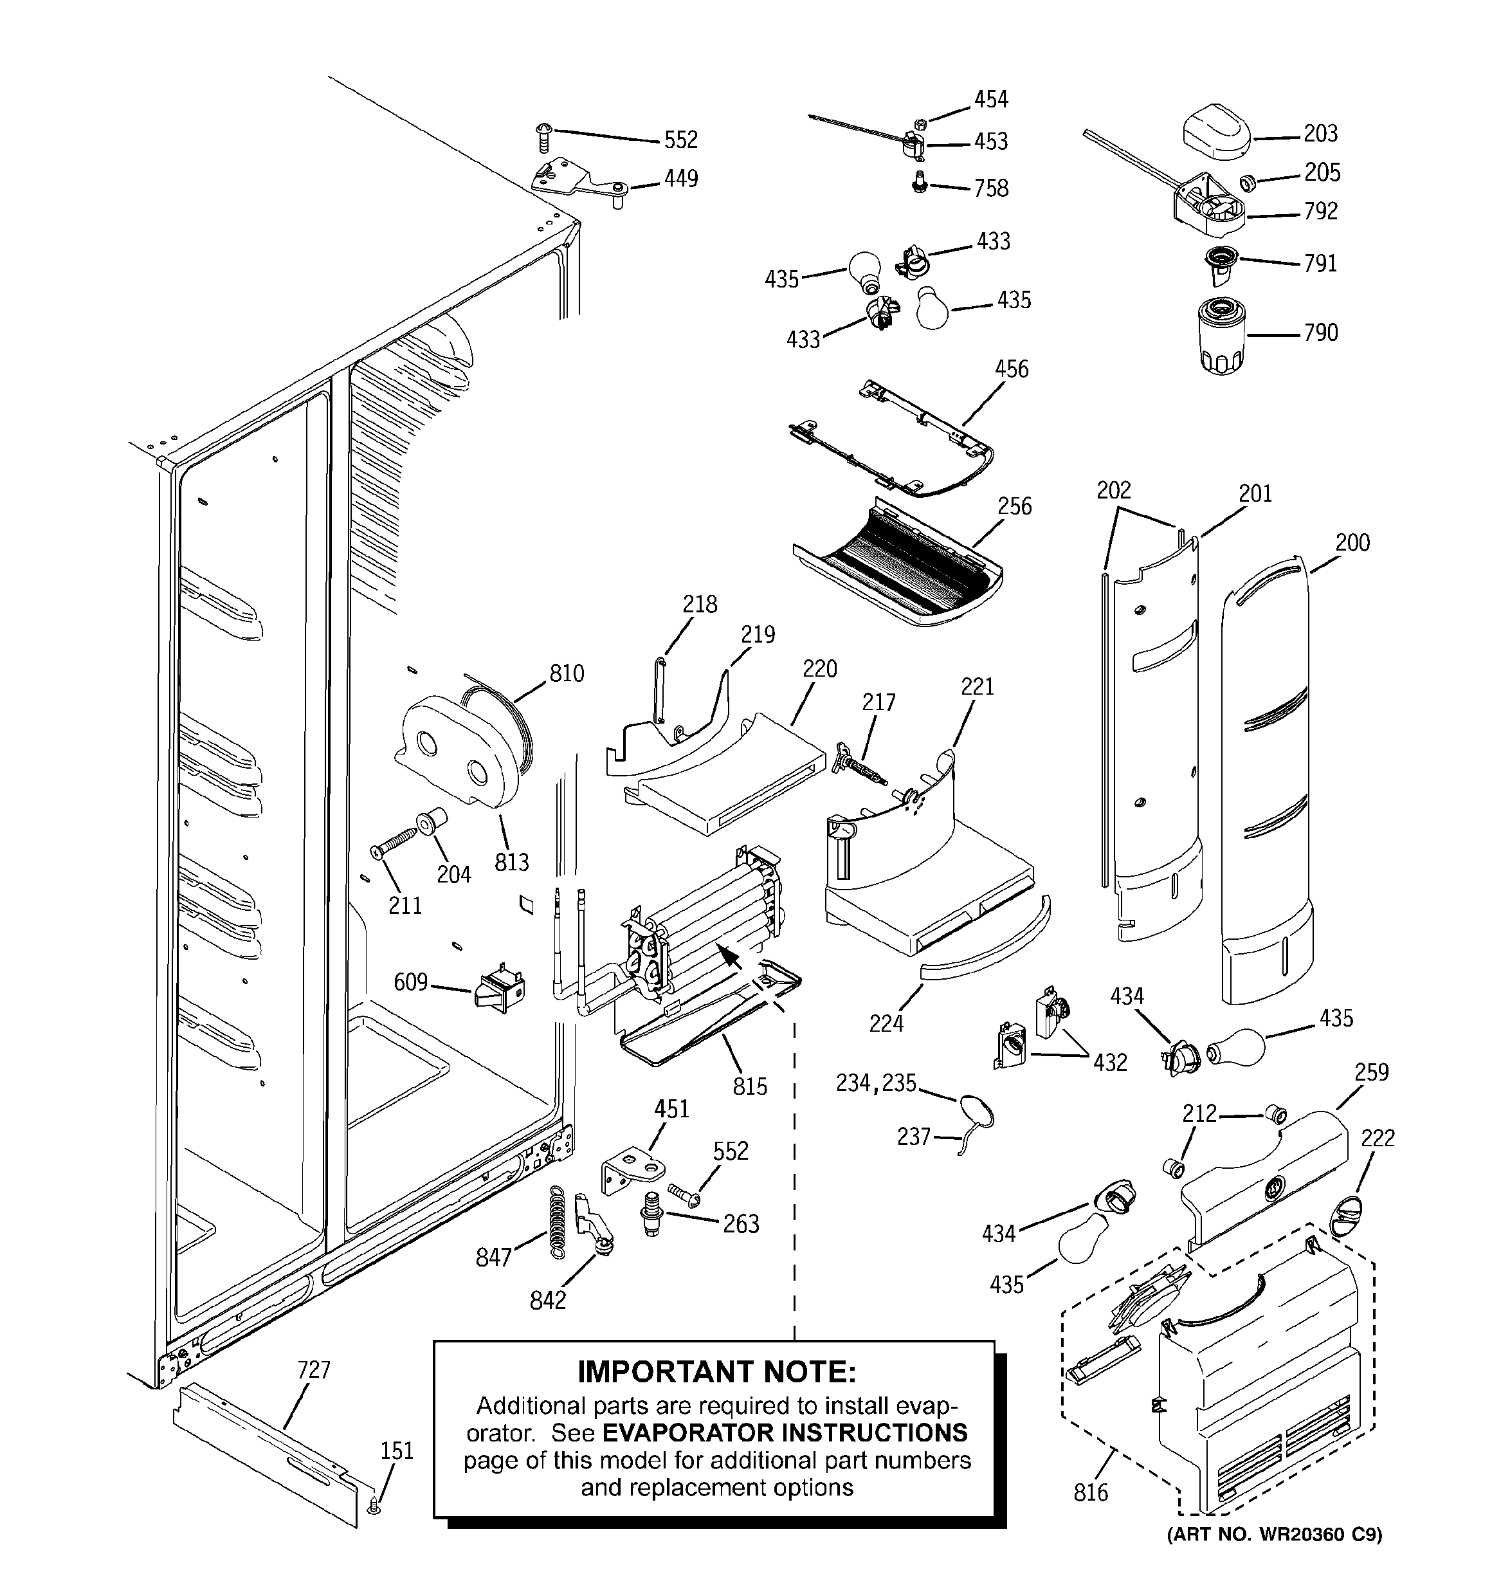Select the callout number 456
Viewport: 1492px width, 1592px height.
[1012, 369]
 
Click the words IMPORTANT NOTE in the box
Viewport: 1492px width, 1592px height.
[717, 1373]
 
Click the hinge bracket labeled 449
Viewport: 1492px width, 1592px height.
[578, 183]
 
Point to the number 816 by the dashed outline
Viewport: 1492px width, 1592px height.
[1091, 1493]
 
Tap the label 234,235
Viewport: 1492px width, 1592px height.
[876, 1083]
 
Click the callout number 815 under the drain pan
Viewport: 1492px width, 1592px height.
[750, 1086]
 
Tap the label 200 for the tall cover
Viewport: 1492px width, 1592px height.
[1352, 542]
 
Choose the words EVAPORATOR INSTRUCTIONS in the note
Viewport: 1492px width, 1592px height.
[784, 1432]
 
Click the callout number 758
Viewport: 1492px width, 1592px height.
[990, 188]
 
